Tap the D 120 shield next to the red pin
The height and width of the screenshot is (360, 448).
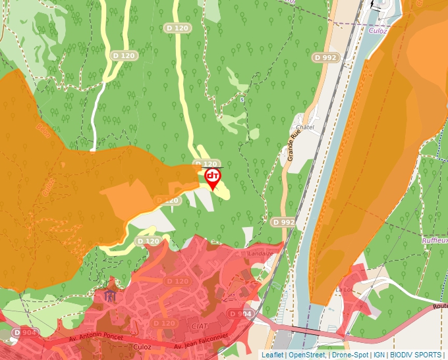point(206,164)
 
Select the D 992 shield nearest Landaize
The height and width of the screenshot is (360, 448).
point(283,222)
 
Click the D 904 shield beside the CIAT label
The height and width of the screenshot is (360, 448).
point(240,315)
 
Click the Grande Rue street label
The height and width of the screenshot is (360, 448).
point(291,145)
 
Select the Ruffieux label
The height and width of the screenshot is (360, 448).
point(435,241)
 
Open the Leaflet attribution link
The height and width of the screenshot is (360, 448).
point(272,355)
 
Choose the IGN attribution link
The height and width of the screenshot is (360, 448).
point(379,355)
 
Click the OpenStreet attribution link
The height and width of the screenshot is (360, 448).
point(306,355)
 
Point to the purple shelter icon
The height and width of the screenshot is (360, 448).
point(110,294)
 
